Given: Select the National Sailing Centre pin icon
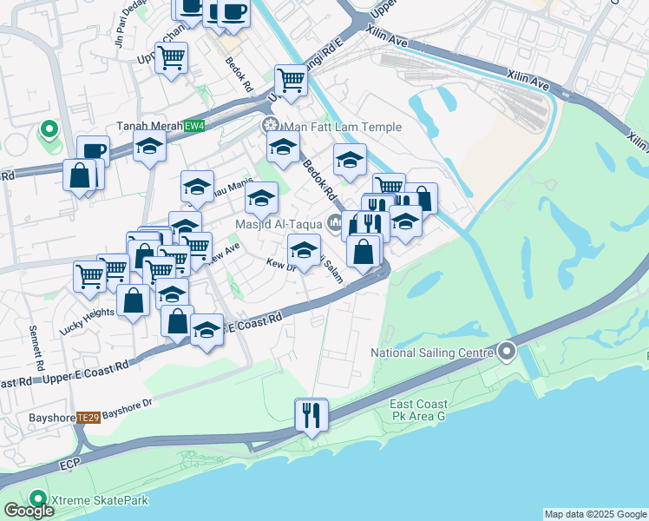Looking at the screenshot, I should tap(508, 353).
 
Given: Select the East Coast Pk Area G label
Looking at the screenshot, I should tap(419, 411).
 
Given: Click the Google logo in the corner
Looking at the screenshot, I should tap(29, 510).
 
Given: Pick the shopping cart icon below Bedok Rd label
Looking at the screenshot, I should tap(292, 81).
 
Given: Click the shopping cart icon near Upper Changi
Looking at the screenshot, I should tap(171, 57).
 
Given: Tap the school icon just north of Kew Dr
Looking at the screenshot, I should tap(304, 250).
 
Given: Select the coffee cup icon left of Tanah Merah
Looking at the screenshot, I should tap(93, 151).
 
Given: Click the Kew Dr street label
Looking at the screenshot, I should tap(282, 263).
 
